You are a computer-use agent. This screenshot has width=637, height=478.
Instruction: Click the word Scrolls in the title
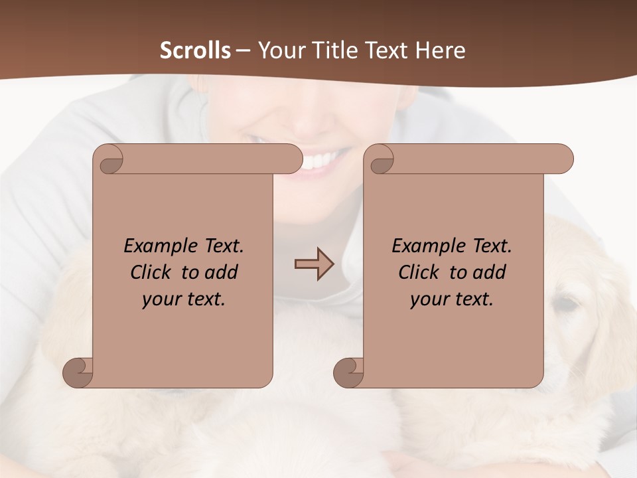(x=195, y=50)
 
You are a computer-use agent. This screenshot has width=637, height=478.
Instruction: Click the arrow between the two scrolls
(x=314, y=264)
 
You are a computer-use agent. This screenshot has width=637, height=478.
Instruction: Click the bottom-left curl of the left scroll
(x=78, y=372)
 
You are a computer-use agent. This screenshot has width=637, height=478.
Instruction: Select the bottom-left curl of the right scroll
(x=348, y=372)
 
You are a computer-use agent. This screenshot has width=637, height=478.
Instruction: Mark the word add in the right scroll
(x=490, y=272)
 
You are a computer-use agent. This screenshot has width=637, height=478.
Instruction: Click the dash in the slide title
(x=243, y=51)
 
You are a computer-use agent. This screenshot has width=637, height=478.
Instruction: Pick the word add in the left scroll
(x=222, y=272)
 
